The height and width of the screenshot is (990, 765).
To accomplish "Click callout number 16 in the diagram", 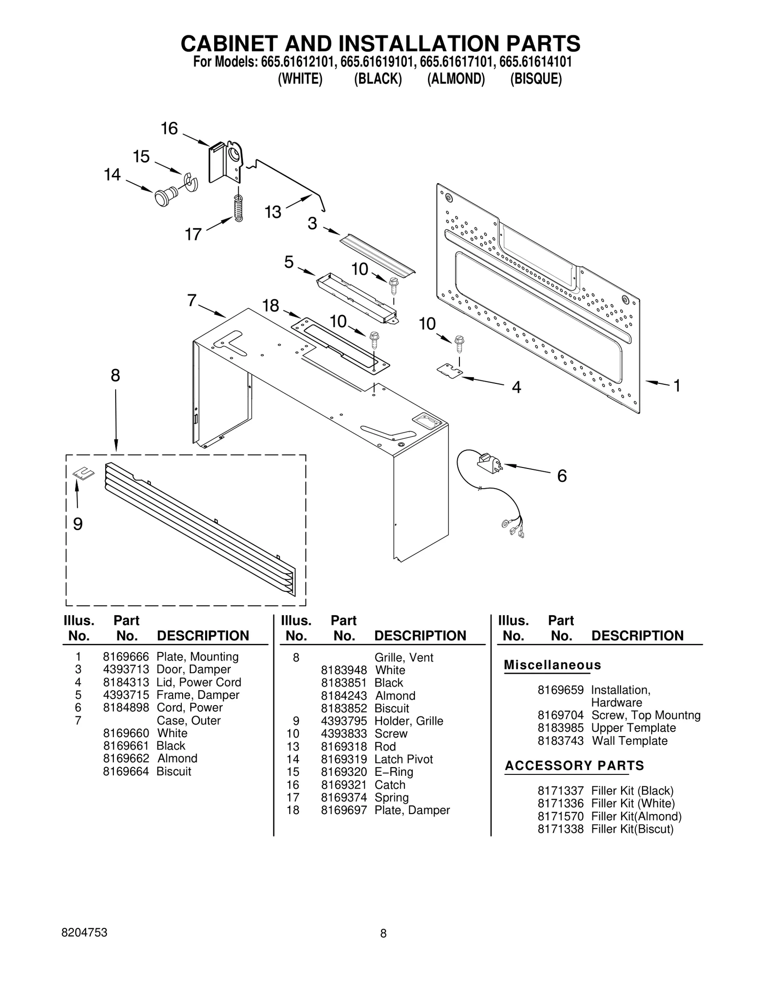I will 169,129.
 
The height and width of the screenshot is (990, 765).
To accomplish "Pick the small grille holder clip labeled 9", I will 84,473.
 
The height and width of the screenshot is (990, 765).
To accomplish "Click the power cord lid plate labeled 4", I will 450,370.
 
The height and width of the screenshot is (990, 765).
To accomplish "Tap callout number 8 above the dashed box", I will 115,375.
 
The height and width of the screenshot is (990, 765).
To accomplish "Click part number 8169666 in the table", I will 126,657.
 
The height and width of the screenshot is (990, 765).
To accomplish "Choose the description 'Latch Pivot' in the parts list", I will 404,759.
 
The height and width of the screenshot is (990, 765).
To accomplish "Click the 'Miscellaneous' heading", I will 552,665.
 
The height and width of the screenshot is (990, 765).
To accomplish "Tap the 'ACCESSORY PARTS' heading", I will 574,765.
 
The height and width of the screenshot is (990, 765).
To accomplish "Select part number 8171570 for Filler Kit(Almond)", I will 560,816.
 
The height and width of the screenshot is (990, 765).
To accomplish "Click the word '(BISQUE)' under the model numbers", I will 535,78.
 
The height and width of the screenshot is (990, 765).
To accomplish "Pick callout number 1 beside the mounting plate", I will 677,385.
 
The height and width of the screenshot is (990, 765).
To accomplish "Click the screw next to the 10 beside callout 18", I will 374,340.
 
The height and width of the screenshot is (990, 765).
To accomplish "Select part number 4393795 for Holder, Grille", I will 344,721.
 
